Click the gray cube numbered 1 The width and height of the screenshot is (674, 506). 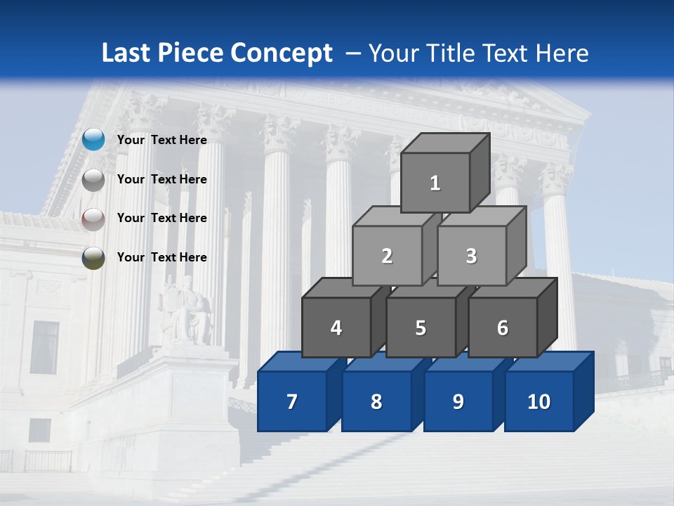(x=435, y=183)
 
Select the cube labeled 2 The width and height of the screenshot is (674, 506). (x=387, y=256)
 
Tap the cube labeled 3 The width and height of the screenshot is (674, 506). (x=471, y=256)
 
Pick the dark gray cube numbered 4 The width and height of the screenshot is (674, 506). (x=336, y=327)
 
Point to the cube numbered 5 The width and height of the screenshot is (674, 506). (x=421, y=327)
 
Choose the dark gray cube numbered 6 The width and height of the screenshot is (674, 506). (x=503, y=327)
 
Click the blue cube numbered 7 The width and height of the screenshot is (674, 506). (x=292, y=401)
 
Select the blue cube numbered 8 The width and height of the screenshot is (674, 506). (x=376, y=401)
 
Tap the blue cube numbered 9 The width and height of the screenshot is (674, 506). (x=458, y=401)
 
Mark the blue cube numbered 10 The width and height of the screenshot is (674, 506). (x=539, y=401)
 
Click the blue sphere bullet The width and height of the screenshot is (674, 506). (x=93, y=140)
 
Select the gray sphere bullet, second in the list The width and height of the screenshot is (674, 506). (x=93, y=179)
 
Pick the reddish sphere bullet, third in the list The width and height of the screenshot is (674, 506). (x=93, y=219)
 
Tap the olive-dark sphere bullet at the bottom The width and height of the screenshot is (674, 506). (x=93, y=258)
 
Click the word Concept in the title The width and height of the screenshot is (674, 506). (x=281, y=53)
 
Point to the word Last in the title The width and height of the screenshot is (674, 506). (x=128, y=53)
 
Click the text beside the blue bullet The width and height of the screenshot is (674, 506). (x=162, y=140)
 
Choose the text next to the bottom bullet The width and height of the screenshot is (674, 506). (x=162, y=257)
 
